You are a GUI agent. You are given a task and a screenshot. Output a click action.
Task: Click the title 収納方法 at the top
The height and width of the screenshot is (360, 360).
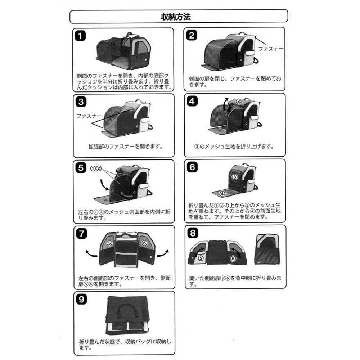[176, 17]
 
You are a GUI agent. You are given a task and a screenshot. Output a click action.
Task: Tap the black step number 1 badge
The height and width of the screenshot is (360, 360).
[80, 36]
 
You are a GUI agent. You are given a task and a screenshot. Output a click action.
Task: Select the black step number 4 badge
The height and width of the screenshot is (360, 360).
[192, 101]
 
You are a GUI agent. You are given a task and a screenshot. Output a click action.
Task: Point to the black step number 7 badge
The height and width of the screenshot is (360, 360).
[81, 234]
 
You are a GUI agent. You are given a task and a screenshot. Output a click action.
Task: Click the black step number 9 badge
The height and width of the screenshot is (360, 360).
[81, 300]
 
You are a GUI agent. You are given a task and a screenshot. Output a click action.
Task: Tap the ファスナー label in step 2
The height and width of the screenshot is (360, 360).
[271, 49]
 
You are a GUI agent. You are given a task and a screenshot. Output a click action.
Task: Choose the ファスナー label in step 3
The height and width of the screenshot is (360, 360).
[89, 116]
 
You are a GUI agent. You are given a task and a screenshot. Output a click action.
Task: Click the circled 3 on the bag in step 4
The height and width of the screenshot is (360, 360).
[239, 101]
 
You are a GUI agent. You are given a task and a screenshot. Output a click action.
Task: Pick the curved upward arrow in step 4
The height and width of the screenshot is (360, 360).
[225, 104]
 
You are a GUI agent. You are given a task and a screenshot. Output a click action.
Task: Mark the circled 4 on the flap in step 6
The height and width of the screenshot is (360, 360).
[222, 194]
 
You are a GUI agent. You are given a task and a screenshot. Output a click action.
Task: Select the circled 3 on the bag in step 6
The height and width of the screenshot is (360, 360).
[234, 177]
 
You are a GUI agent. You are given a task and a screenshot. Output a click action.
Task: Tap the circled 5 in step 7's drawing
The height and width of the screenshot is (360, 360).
[109, 243]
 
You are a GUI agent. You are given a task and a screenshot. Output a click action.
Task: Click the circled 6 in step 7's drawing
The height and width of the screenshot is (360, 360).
[144, 243]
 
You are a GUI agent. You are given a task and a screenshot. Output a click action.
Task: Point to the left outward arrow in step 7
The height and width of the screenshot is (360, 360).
[91, 253]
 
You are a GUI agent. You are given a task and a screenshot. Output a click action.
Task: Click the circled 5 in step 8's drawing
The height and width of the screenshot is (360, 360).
[201, 258]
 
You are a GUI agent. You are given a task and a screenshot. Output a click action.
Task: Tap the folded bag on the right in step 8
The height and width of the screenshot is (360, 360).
[268, 249]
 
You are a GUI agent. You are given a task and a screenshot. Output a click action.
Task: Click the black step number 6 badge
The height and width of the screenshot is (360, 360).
[192, 167]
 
